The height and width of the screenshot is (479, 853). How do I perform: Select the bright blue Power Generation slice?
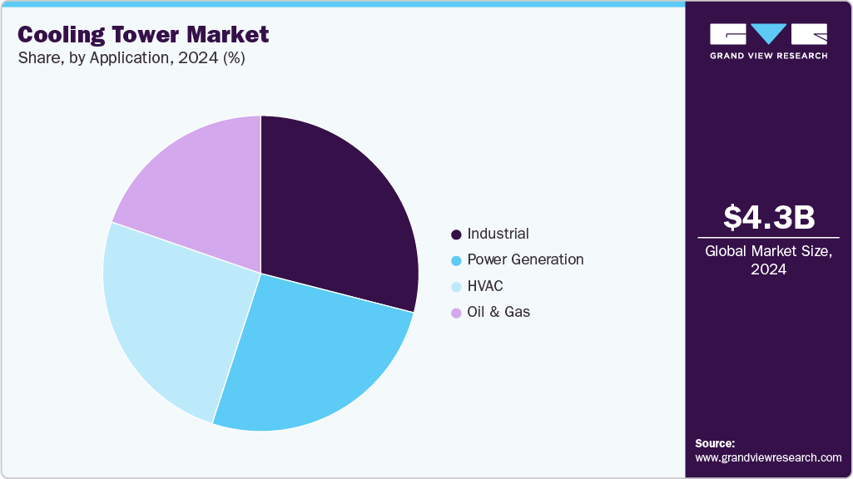click(308, 358)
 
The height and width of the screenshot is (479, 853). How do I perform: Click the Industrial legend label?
click(498, 234)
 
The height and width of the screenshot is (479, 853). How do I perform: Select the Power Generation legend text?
click(525, 259)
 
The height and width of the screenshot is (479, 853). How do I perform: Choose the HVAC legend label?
click(485, 286)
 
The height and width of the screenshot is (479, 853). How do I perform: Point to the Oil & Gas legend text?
click(498, 312)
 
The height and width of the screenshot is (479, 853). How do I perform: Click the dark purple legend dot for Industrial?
click(456, 235)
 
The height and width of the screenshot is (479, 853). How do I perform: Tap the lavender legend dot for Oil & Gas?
click(456, 313)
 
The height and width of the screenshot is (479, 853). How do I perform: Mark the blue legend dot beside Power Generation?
click(456, 260)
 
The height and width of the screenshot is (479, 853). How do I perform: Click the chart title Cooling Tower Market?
click(143, 34)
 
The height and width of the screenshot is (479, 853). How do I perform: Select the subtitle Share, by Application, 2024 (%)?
click(131, 58)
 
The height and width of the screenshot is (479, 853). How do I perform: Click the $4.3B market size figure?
click(768, 217)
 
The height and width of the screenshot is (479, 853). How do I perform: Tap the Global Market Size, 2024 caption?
click(768, 259)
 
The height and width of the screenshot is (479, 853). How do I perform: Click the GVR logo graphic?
click(768, 33)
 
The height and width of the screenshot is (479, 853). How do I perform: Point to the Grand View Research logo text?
click(768, 56)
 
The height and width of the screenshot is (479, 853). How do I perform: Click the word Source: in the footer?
click(715, 443)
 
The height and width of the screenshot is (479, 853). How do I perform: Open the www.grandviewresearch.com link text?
click(768, 457)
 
